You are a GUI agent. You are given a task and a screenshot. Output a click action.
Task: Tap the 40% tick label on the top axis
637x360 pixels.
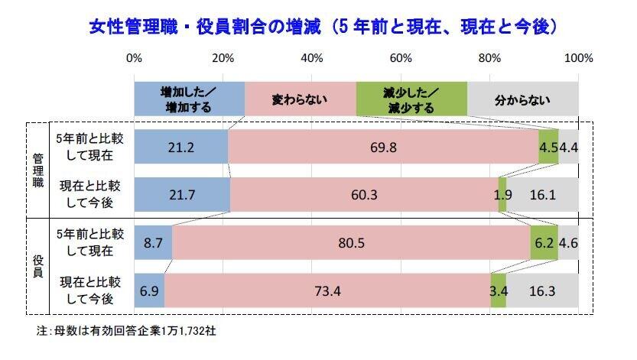[312, 58]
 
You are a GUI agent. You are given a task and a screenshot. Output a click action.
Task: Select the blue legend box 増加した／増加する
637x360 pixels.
[189, 99]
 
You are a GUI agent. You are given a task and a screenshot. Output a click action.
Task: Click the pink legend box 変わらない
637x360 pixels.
[301, 99]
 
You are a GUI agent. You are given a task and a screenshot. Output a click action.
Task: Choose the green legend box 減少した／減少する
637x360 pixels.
[411, 99]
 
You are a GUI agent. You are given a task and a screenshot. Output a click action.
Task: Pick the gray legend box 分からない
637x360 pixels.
[523, 99]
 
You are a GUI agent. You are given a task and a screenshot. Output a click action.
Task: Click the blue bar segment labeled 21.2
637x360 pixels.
[180, 147]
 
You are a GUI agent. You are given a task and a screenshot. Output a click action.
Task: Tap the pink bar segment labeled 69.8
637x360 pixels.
[383, 147]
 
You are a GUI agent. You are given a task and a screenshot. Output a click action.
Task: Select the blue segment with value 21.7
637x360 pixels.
[182, 195]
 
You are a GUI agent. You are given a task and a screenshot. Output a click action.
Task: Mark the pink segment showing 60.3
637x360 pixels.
[364, 195]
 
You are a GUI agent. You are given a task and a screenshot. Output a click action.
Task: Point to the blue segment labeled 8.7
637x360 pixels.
[153, 243]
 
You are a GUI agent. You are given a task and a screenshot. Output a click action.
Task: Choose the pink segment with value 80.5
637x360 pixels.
[351, 243]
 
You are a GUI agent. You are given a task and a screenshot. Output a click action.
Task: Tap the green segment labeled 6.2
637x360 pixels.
[544, 243]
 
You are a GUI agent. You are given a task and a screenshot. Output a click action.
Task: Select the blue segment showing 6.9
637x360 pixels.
[149, 291]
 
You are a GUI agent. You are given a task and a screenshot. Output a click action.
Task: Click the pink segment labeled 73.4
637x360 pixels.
[327, 291]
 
